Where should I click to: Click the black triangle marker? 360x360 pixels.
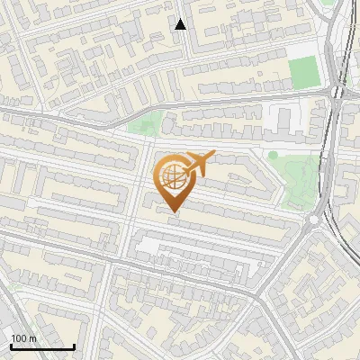tap(181, 24)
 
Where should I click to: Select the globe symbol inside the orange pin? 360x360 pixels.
tap(172, 178)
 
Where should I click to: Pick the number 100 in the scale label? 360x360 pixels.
tap(17, 338)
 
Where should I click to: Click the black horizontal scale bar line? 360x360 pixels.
tap(42, 346)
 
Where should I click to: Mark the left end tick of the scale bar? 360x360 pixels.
tap(11, 346)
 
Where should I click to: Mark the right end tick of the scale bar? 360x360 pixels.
tap(74, 346)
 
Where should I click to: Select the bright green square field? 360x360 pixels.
tap(303, 72)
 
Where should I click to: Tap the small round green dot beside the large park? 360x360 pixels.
tap(273, 155)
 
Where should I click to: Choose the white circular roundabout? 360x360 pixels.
tap(315, 219)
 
